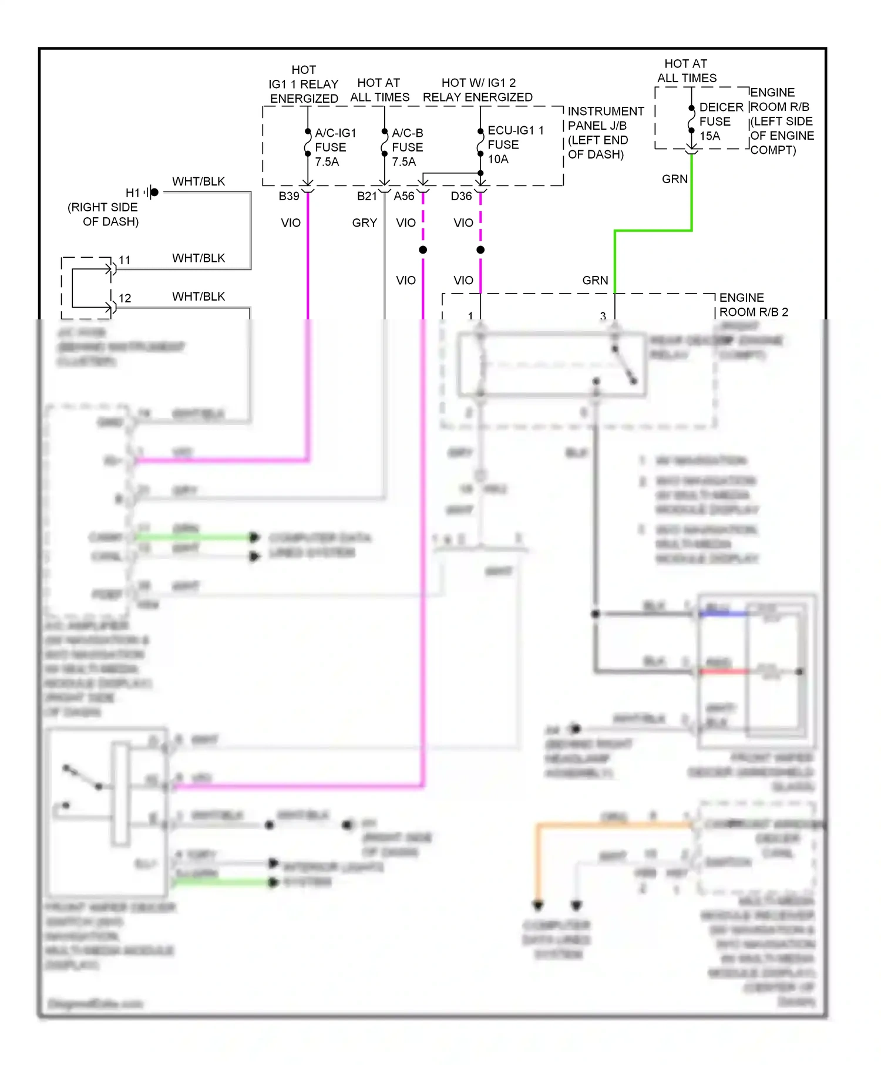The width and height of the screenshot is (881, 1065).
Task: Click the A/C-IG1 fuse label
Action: point(335,147)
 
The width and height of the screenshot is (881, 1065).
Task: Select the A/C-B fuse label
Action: point(407,147)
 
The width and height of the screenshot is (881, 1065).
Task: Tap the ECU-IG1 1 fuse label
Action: point(515,144)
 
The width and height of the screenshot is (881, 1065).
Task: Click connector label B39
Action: point(289,196)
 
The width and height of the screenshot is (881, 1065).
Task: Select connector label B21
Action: point(366,196)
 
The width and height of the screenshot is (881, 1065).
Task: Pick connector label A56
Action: point(404,196)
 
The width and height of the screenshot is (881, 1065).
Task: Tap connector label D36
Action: point(461,196)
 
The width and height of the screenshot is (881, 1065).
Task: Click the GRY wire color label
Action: point(364,223)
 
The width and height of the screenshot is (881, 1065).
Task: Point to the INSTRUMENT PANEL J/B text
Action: point(605,133)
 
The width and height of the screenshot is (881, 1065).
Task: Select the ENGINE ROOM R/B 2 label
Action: point(753,305)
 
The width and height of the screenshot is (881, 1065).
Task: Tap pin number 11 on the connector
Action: point(125,260)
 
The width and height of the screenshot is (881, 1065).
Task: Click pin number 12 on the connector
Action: point(125,298)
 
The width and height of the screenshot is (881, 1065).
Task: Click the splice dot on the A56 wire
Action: point(423,250)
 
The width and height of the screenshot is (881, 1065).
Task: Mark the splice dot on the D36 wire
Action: point(480,250)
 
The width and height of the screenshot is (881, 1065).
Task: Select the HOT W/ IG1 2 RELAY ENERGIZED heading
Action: point(478,90)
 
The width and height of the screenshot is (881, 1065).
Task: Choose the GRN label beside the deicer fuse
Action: point(674,179)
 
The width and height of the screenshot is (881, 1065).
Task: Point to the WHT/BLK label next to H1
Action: point(199,181)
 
